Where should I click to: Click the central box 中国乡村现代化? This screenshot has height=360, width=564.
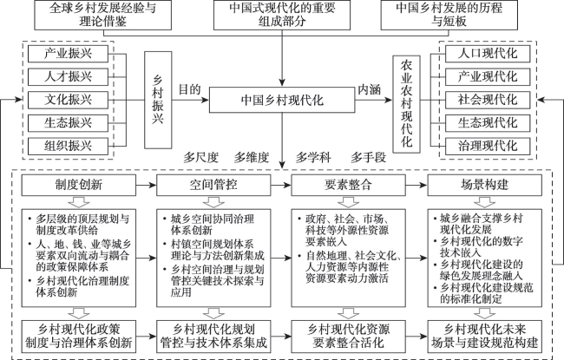tap(282, 100)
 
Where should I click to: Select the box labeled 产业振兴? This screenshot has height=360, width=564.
tap(68, 54)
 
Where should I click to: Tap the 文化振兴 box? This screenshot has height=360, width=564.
tap(68, 100)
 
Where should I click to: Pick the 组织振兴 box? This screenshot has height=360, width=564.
tap(68, 146)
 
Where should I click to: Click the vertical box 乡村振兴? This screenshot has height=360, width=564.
tap(158, 100)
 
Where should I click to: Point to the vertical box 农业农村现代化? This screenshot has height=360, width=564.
tap(406, 104)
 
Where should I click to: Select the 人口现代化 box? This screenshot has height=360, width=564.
tap(488, 54)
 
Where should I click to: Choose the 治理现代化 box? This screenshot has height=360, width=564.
tap(488, 146)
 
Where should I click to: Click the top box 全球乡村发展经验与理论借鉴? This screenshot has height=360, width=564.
tap(103, 15)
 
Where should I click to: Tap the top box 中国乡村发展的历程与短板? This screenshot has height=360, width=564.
tap(449, 15)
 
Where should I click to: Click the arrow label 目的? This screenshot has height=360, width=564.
tap(189, 89)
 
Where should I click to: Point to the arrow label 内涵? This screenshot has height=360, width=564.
tap(369, 89)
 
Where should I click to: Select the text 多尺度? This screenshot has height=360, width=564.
tap(201, 157)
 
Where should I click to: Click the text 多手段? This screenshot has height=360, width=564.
tap(368, 157)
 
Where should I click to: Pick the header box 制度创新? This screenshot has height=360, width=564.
tap(79, 186)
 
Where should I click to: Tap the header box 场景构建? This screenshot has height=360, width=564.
tap(484, 186)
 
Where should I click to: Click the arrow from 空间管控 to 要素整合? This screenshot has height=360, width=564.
tap(281, 186)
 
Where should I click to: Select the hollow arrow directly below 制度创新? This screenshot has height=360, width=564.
tap(79, 202)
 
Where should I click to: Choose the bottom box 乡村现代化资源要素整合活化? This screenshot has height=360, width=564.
tap(348, 337)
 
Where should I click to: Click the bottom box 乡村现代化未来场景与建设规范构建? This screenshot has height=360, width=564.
tap(484, 337)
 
